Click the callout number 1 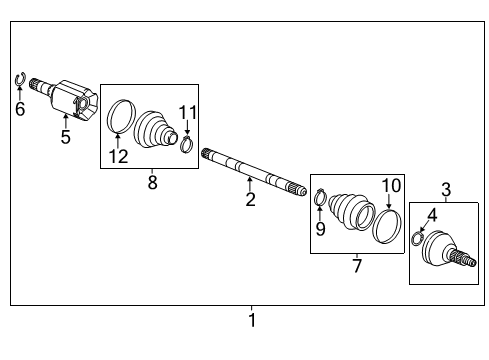(x=252, y=322)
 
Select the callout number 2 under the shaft (x=250, y=199)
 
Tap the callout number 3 (x=446, y=189)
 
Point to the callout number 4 (x=432, y=214)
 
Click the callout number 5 (x=66, y=137)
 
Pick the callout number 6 (x=20, y=109)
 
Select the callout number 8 (x=152, y=181)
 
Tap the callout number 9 (x=320, y=228)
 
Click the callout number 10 (x=391, y=185)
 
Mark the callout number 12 (x=119, y=155)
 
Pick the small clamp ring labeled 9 (x=319, y=197)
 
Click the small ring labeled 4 (x=416, y=238)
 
